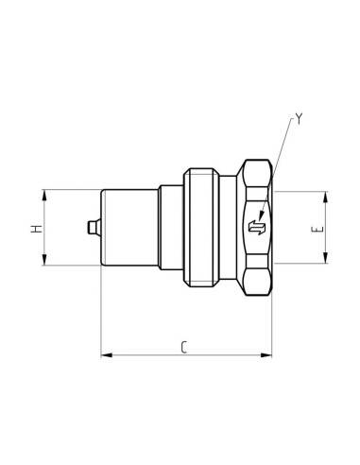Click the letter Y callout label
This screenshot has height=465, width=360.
coord(300,119)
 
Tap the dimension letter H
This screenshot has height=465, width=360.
coord(35,230)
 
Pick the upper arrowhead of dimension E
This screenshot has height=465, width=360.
coord(327,197)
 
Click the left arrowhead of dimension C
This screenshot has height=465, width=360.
coord(104,355)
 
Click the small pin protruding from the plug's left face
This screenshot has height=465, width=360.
coord(91,228)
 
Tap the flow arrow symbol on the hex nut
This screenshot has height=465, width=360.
coord(255,228)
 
